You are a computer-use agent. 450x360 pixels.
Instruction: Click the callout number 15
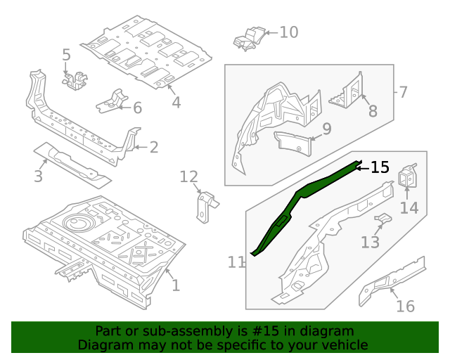coord(380,167)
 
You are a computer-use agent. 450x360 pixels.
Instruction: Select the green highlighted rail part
coord(302,194)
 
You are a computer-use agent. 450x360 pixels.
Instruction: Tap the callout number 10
coord(288,32)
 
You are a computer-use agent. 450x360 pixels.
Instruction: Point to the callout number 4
coord(176,102)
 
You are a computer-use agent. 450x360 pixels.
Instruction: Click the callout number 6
coord(137,108)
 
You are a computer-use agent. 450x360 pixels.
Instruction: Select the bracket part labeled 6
coord(112,101)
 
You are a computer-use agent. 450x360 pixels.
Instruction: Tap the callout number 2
coord(153,147)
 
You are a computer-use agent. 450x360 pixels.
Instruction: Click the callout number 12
coord(189,176)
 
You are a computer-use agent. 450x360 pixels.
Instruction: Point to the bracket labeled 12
coord(205,207)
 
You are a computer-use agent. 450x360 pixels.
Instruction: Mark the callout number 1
coord(175,285)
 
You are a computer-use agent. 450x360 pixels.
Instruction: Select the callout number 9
coord(326,129)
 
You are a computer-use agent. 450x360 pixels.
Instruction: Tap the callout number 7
coord(403,92)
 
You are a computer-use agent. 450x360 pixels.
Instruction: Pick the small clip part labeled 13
coord(382,221)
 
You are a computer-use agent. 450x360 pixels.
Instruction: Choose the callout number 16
coord(405,306)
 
